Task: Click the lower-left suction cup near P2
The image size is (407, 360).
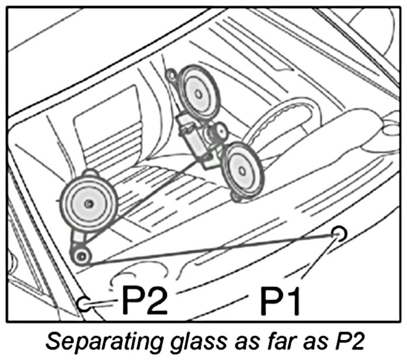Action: [88, 202]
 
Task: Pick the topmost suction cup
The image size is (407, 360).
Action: [198, 92]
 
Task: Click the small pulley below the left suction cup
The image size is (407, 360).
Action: [81, 255]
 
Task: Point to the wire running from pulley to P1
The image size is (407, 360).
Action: [210, 247]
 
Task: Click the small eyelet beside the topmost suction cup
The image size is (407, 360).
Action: [171, 75]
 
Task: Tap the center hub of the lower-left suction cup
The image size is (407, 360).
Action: [88, 203]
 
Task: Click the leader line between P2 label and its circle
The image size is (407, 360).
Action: [105, 303]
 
